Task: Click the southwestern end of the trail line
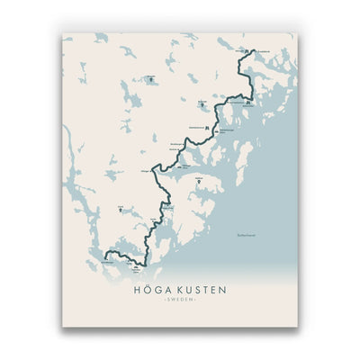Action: coord(104,256)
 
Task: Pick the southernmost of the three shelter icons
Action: coord(181,165)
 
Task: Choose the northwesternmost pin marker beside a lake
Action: coord(151,78)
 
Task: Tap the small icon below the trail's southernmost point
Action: coord(134,267)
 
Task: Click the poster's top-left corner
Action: coord(62,34)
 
